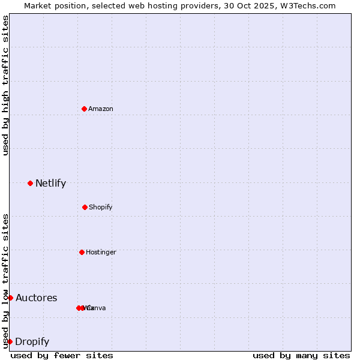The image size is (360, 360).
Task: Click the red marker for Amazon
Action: point(85,109)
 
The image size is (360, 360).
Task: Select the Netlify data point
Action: point(30,183)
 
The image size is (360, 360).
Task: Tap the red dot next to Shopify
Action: point(85,207)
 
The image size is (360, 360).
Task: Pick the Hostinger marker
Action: point(82,252)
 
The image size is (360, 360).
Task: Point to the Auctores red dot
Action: point(10,298)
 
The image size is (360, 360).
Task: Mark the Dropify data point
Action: point(10,341)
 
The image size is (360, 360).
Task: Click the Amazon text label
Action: point(100,109)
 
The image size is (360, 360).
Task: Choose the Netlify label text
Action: point(50,183)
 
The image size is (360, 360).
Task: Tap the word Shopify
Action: point(100,207)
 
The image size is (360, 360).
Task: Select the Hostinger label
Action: point(101,252)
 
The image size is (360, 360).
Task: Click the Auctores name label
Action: point(36,298)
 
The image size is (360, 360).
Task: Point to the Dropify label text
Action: point(32,341)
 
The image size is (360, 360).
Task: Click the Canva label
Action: point(96,308)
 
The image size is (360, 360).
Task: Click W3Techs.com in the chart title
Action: point(308,5)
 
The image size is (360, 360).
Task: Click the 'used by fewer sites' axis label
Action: point(62,355)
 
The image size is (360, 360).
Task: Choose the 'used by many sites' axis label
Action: point(301,355)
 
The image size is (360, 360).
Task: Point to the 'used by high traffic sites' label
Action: point(5,85)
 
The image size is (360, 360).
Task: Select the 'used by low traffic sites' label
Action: point(5,281)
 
